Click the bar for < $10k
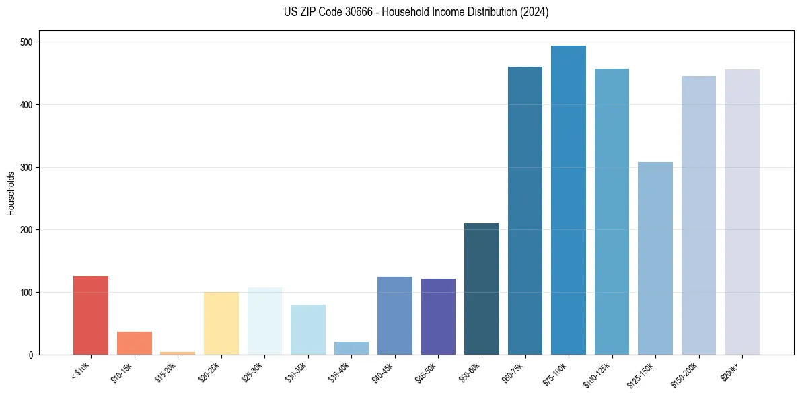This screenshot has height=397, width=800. click(x=91, y=315)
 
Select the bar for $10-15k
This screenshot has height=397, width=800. click(x=135, y=343)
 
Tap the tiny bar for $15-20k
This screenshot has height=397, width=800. click(x=178, y=353)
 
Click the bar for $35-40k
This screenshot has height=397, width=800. click(x=351, y=348)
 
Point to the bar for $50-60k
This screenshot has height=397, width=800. click(x=482, y=289)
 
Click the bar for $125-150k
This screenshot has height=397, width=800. click(x=655, y=258)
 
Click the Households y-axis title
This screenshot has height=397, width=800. click(x=11, y=193)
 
